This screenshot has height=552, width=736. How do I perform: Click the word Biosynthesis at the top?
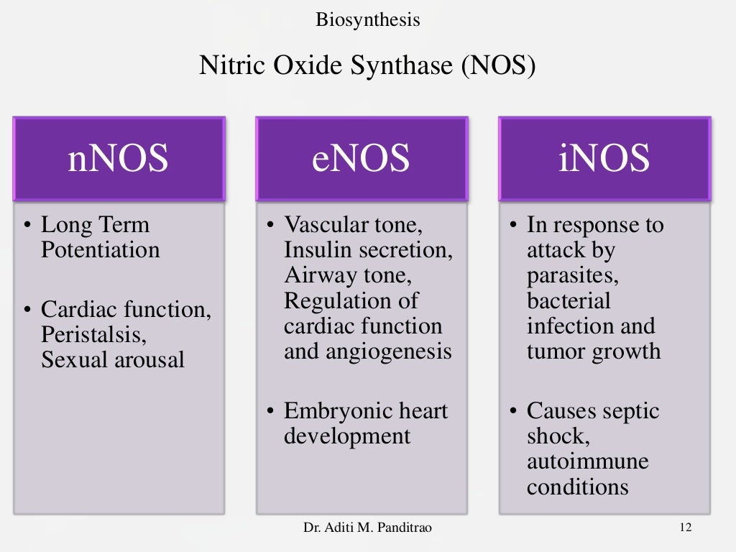(367, 19)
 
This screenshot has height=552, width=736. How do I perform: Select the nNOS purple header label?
(119, 159)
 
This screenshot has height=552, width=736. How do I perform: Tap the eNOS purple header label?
(362, 159)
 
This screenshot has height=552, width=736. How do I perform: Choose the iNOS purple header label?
(604, 159)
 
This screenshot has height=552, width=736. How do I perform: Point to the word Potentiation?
(101, 250)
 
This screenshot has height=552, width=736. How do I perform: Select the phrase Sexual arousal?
(113, 359)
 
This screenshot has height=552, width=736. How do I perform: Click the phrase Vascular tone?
(350, 225)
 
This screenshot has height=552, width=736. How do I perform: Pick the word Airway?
(312, 275)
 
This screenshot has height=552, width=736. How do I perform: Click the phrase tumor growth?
(593, 351)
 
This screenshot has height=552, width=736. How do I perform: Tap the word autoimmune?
(587, 461)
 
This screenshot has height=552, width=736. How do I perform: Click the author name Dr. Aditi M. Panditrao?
(368, 528)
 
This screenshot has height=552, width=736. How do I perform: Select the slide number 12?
(684, 528)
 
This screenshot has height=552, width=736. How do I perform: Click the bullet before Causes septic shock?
(513, 412)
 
